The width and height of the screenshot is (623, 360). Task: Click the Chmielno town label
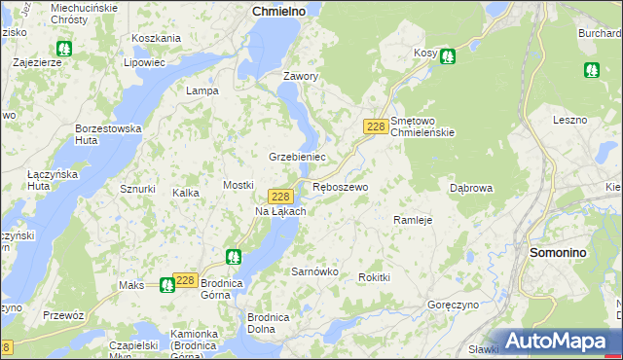pyautogui.click(x=278, y=10)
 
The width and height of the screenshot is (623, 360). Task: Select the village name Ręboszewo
pyautogui.click(x=340, y=187)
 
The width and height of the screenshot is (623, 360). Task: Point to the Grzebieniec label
pyautogui.click(x=297, y=157)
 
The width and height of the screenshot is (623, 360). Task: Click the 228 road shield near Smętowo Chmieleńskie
pyautogui.click(x=376, y=126)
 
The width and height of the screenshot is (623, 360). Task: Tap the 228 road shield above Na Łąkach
pyautogui.click(x=279, y=196)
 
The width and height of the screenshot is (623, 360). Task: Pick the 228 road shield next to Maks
pyautogui.click(x=186, y=279)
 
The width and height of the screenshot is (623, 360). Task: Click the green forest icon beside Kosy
pyautogui.click(x=447, y=56)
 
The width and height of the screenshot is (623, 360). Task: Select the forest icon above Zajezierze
pyautogui.click(x=64, y=48)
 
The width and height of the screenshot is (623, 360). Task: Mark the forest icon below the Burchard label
pyautogui.click(x=591, y=70)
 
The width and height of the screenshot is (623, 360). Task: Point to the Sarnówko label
pyautogui.click(x=315, y=272)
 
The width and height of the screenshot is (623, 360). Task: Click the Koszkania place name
pyautogui.click(x=156, y=38)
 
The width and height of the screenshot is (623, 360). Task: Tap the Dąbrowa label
pyautogui.click(x=471, y=188)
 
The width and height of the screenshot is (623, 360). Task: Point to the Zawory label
pyautogui.click(x=301, y=76)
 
